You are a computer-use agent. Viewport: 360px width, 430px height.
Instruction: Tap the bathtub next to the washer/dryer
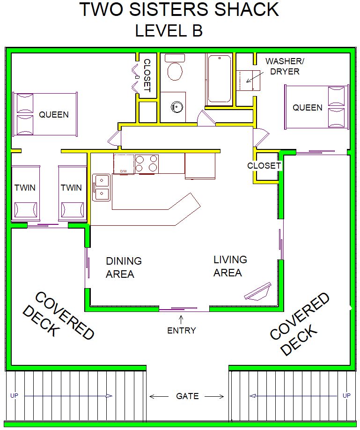[219, 79]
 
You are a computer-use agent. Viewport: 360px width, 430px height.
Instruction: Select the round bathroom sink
[176, 106]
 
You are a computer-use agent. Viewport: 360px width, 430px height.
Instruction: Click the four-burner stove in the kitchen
[147, 164]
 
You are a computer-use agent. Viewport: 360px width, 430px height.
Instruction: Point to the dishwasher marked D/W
[124, 164]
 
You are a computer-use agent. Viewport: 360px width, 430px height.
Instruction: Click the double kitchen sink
[102, 187]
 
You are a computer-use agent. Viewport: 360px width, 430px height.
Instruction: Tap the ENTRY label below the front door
[182, 330]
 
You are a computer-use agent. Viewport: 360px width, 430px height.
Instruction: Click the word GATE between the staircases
[187, 396]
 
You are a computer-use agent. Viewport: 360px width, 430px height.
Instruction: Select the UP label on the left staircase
[14, 395]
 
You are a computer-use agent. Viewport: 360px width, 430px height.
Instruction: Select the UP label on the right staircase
[346, 395]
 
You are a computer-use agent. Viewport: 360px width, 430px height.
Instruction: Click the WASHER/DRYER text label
[285, 66]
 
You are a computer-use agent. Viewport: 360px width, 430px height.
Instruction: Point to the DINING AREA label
[124, 267]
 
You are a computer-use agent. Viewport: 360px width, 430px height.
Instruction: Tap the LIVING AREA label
[230, 266]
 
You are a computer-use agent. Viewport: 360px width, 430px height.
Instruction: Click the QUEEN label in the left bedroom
[54, 114]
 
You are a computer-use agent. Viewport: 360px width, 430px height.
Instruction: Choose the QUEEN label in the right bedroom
[308, 108]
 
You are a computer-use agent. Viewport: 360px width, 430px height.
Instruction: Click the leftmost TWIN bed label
[25, 187]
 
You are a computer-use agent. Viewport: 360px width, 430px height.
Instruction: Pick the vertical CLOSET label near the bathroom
[147, 75]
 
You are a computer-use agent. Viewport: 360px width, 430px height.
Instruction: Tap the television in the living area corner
[258, 292]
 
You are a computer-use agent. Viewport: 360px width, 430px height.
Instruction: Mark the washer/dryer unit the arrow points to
[248, 80]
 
